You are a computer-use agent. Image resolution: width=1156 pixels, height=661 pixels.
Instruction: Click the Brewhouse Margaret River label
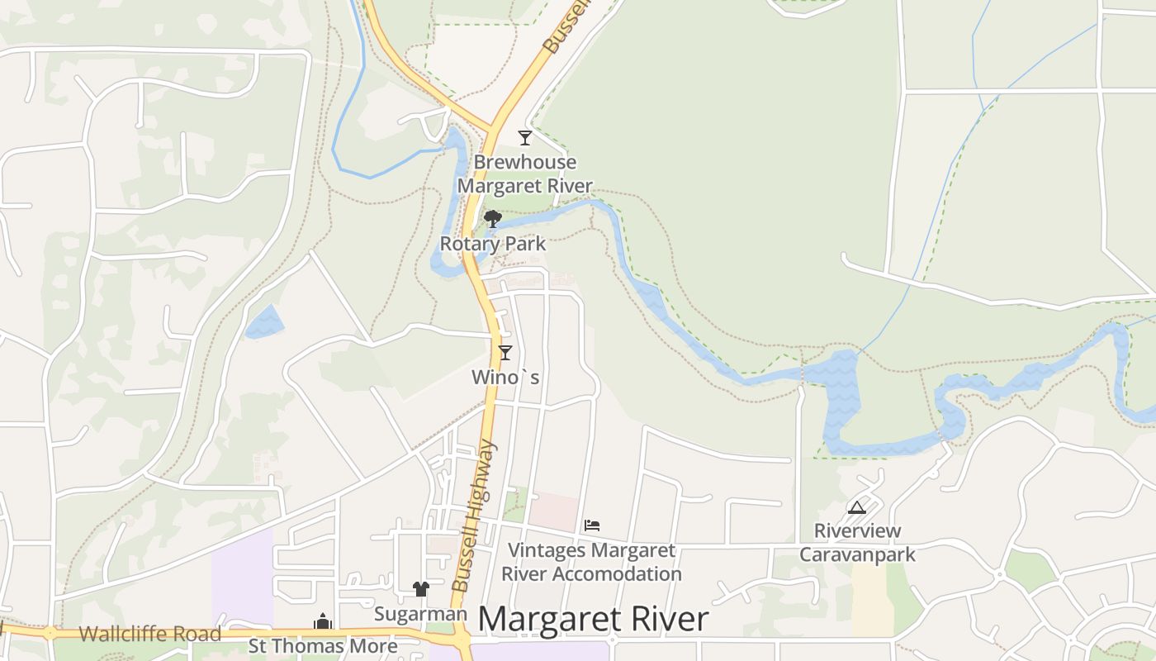click(x=524, y=174)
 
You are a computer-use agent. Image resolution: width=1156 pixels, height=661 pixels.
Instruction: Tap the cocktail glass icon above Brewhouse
click(x=524, y=137)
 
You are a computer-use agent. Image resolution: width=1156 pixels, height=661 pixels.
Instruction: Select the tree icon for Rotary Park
click(x=493, y=219)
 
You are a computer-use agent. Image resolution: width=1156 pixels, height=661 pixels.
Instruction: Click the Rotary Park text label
click(x=493, y=244)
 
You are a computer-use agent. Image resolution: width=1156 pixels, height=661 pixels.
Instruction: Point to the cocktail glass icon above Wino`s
click(x=505, y=352)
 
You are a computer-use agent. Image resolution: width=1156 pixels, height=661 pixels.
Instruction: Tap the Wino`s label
click(x=505, y=378)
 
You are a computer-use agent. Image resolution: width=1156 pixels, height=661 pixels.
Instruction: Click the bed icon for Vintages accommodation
click(x=591, y=525)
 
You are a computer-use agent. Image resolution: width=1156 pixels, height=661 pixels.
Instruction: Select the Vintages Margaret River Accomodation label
click(x=591, y=562)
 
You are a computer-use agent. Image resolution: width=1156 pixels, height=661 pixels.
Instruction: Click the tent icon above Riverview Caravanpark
click(x=856, y=506)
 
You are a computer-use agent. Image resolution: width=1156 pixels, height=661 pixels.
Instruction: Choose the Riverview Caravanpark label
click(x=857, y=542)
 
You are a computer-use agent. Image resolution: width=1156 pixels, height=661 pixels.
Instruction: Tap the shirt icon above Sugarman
click(x=421, y=589)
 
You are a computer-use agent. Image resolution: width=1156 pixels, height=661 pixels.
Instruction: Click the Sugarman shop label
click(x=420, y=614)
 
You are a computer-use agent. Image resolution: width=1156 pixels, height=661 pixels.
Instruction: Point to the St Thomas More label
click(x=323, y=645)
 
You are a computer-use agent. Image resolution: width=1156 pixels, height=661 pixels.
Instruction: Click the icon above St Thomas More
click(x=323, y=621)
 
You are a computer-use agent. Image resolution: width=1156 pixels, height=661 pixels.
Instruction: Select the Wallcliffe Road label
click(x=150, y=635)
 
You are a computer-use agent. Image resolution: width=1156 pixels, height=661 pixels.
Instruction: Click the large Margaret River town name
click(x=593, y=620)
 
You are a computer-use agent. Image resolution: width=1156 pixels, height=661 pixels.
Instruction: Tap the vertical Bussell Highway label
click(x=476, y=516)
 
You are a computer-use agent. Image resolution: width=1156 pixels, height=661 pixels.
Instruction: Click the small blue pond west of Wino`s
click(x=264, y=322)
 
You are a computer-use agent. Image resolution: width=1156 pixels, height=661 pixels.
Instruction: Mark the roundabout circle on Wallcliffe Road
click(x=50, y=634)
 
